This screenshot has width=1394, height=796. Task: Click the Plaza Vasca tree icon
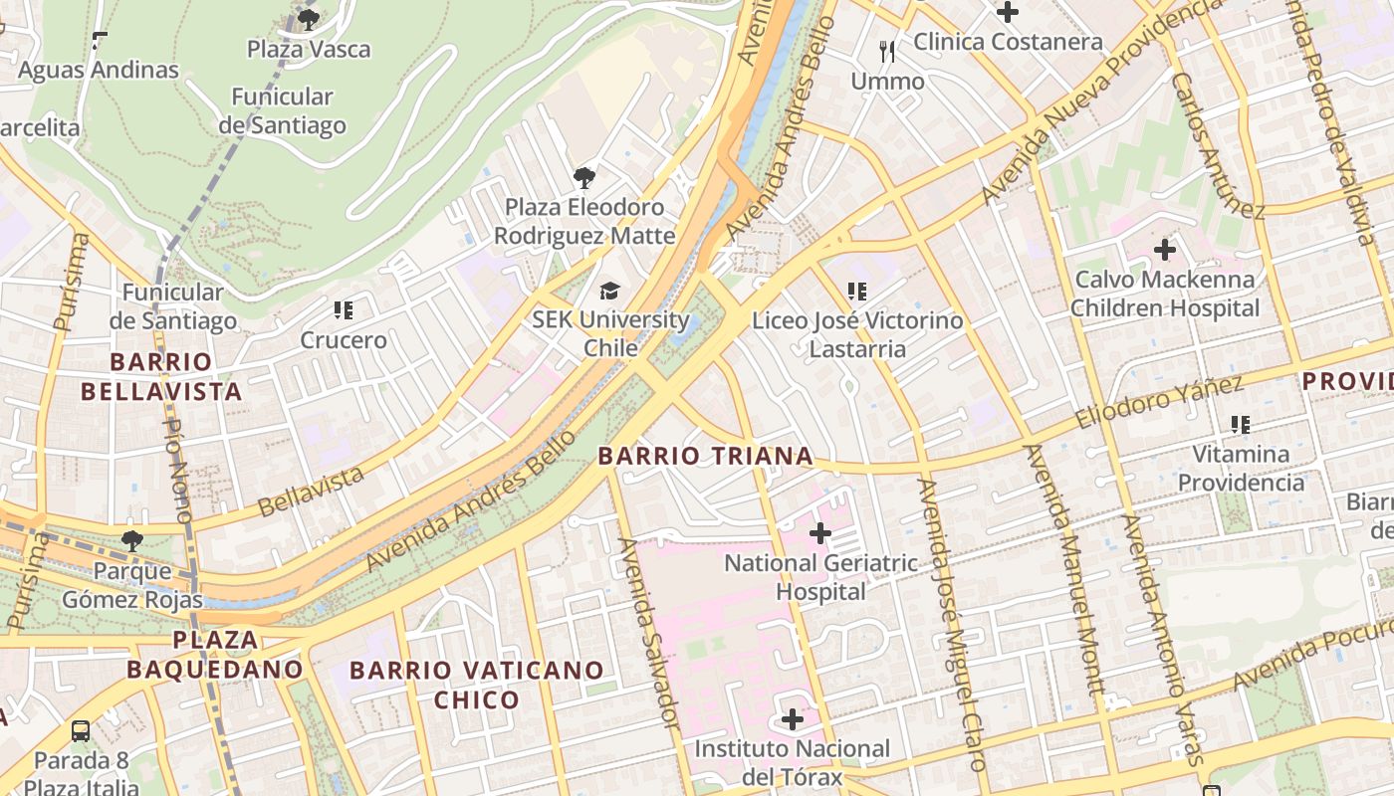click(309, 18)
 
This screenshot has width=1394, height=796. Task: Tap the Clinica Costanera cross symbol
click(1008, 12)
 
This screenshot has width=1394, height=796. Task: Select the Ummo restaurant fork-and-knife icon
click(887, 51)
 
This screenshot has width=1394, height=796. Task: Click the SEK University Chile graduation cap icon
click(609, 291)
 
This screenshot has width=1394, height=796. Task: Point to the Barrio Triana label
click(705, 457)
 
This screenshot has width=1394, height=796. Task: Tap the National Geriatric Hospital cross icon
click(819, 534)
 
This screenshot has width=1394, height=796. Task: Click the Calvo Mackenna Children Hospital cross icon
click(1165, 250)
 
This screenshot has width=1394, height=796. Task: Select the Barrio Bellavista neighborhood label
click(161, 376)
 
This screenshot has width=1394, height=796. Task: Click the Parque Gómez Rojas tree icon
click(131, 541)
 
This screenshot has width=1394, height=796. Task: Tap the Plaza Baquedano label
click(215, 654)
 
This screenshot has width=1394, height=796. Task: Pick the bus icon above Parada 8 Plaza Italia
click(81, 731)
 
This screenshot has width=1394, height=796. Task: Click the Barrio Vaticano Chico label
click(476, 685)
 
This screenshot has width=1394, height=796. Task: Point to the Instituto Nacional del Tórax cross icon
click(793, 718)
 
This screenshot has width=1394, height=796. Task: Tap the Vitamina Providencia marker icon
click(1240, 425)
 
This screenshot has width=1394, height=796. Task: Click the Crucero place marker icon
click(344, 310)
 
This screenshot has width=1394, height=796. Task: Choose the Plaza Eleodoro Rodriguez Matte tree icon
click(584, 178)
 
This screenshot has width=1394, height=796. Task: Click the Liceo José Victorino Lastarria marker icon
click(856, 292)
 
